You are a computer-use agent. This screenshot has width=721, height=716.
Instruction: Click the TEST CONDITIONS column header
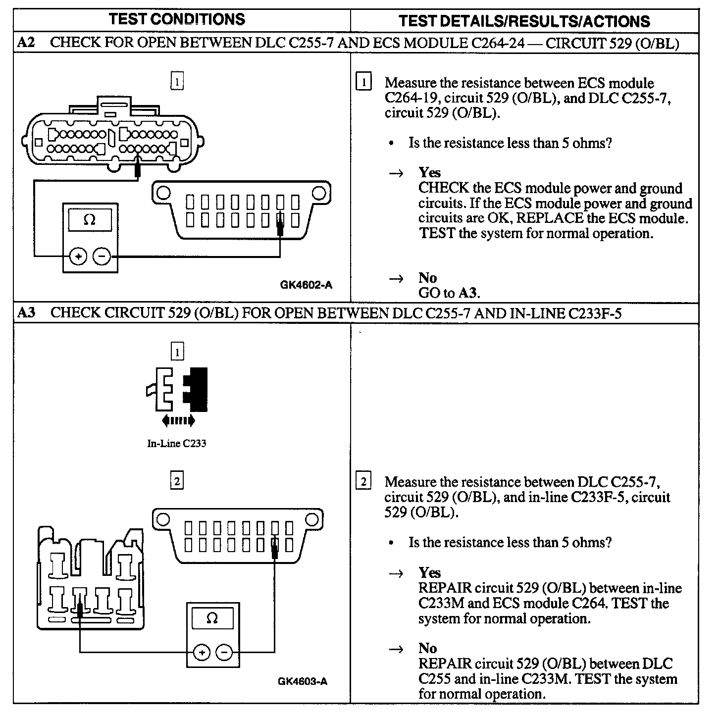point(177,19)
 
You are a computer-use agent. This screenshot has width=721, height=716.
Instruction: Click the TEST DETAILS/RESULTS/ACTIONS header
point(524,21)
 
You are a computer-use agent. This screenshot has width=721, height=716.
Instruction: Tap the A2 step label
point(26,43)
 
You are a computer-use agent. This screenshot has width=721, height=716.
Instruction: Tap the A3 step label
point(26,313)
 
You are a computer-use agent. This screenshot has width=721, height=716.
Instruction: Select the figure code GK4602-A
point(306,285)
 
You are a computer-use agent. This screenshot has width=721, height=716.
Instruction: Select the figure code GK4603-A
point(303,681)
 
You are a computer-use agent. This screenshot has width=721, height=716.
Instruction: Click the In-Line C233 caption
point(177,443)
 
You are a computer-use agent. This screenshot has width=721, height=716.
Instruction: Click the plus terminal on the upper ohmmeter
point(78,256)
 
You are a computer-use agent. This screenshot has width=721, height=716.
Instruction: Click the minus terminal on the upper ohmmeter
point(102,256)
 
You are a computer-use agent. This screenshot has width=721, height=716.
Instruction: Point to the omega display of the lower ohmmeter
point(212,619)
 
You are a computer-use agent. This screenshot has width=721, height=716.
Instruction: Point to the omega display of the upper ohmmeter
point(90,219)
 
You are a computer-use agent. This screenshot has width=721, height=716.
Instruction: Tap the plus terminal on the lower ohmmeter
point(202,652)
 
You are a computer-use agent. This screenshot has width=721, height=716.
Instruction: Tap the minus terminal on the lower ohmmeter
point(224,652)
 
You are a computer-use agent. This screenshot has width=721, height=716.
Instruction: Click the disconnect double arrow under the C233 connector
point(178,421)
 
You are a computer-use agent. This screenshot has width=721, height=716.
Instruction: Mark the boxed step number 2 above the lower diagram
point(177,481)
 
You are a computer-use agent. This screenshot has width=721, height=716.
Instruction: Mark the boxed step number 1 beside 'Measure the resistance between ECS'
point(363,81)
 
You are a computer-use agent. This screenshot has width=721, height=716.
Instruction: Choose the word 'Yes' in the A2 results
point(429,172)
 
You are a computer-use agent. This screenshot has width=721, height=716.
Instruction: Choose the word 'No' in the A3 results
point(427,648)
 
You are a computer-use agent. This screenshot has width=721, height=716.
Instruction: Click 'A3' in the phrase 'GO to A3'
point(467,293)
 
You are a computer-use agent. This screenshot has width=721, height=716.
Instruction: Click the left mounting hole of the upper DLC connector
point(164,192)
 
